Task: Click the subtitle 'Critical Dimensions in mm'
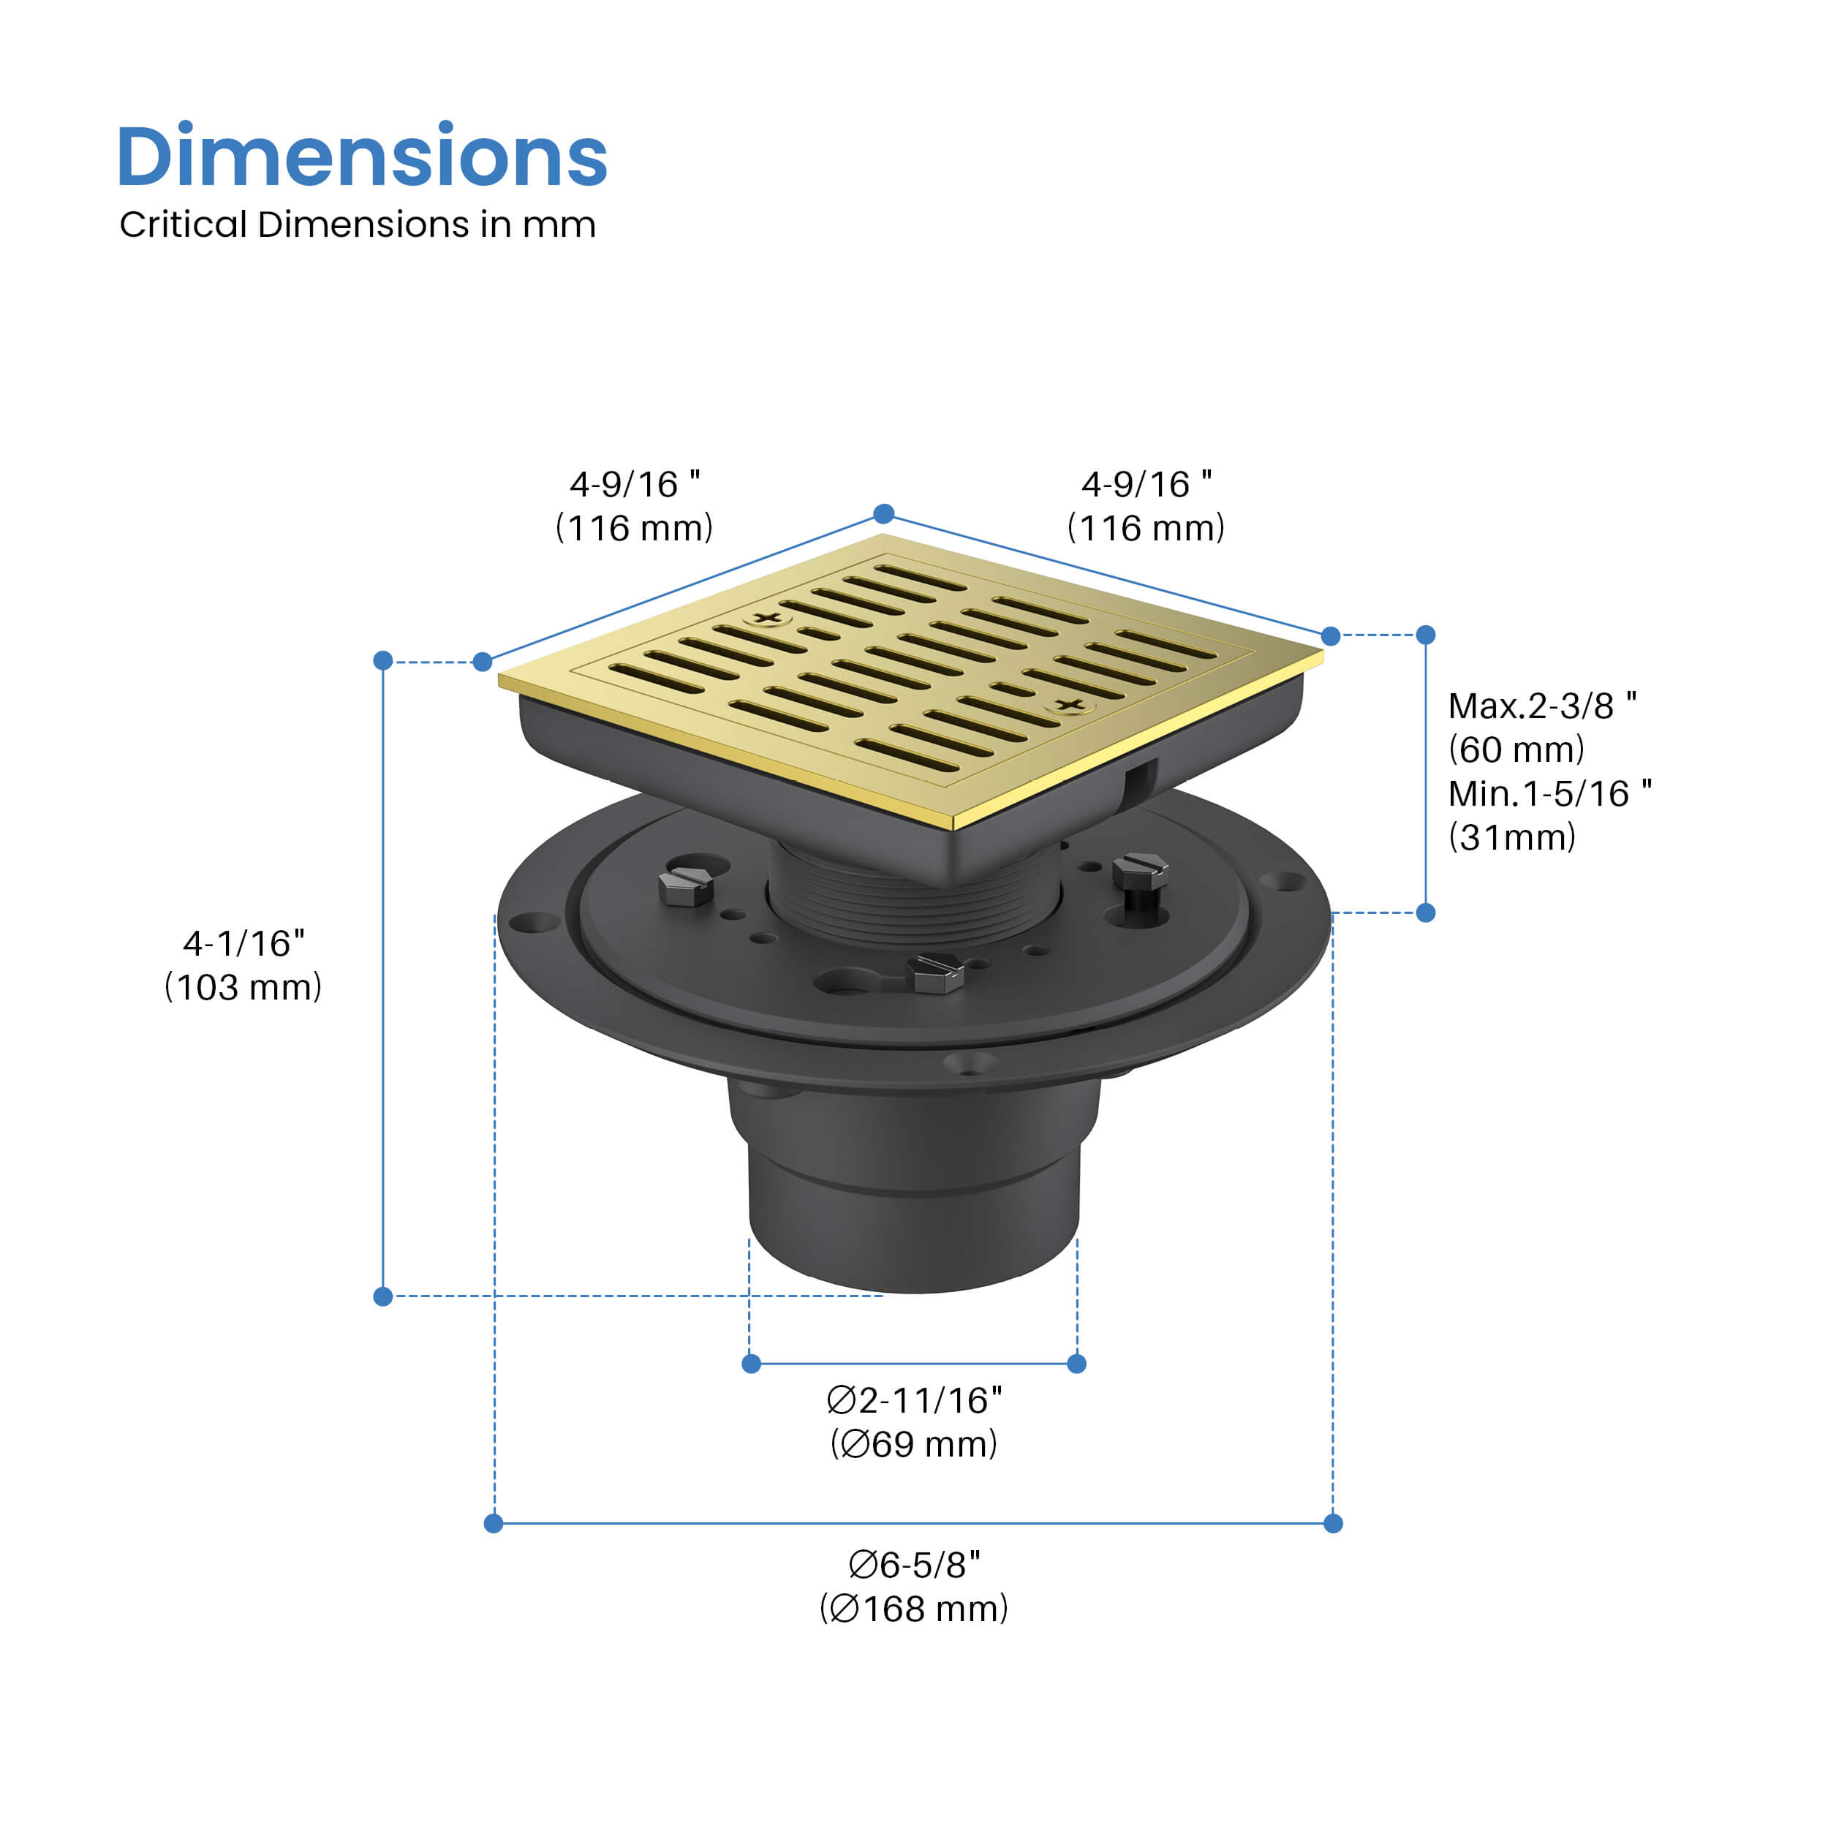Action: [358, 225]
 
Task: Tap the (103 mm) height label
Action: [243, 988]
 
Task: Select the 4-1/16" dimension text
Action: [243, 943]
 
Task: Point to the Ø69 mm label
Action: [914, 1445]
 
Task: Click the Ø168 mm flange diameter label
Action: [914, 1609]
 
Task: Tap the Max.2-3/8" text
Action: [1542, 706]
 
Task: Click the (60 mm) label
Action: [1516, 749]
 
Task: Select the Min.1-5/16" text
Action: [1550, 794]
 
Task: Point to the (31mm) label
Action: [1512, 837]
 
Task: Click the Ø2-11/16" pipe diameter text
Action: [914, 1400]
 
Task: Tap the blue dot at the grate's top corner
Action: [884, 514]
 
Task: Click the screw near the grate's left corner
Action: [767, 619]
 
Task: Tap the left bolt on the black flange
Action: [686, 888]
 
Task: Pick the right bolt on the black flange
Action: [1140, 870]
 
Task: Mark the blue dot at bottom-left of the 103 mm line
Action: [383, 1296]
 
